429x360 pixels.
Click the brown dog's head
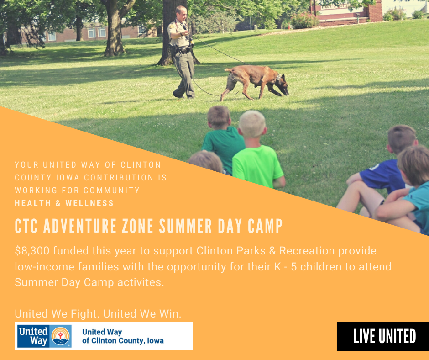coord(283,85)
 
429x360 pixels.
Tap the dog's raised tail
coord(229,70)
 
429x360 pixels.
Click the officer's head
coord(181,13)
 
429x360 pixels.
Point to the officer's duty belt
coord(183,50)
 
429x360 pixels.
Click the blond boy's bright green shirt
coord(257,166)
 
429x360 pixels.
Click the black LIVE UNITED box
coord(383,336)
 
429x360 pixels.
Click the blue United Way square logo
coord(44,336)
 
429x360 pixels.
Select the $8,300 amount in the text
coord(32,251)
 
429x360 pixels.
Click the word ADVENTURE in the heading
coord(79,226)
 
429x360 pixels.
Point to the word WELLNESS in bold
coord(89,203)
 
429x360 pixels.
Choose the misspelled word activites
coord(141,282)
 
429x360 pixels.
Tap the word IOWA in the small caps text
coord(68,178)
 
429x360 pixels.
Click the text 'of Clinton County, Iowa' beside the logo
coord(123,341)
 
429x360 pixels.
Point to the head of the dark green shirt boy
coord(219,117)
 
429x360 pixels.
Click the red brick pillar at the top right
coord(375,11)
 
